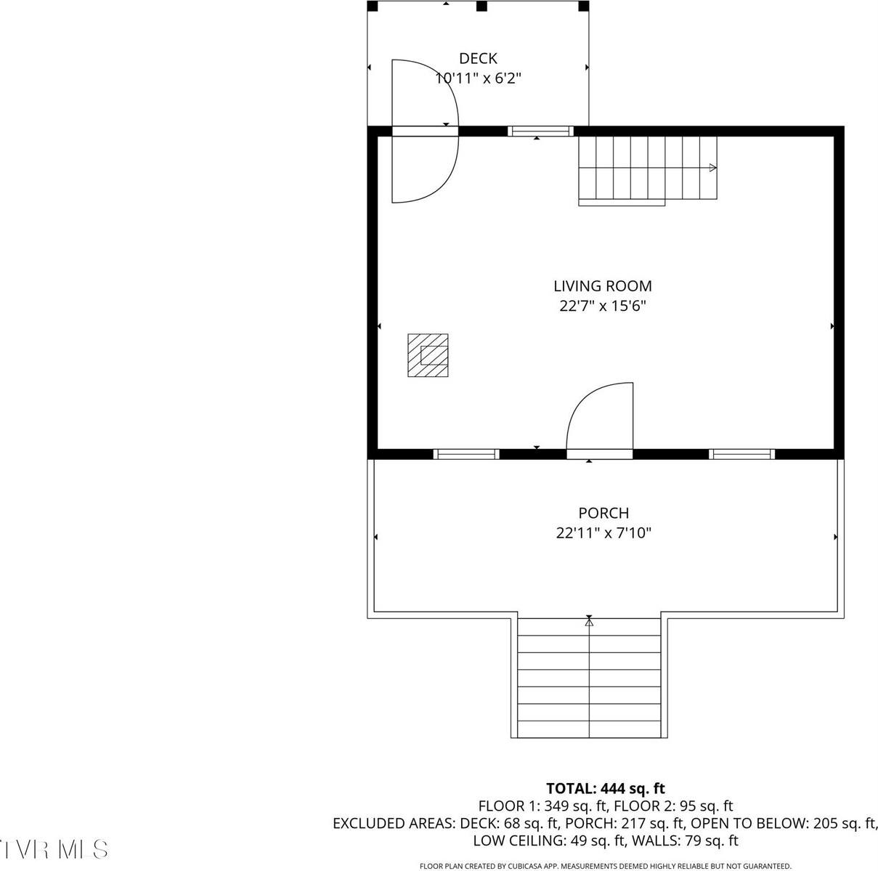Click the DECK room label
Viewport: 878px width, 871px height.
point(478,58)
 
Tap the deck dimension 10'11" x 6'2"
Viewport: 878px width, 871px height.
point(478,78)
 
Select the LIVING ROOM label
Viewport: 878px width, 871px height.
point(603,286)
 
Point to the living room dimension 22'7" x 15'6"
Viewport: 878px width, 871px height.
point(603,306)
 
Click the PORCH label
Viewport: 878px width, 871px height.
point(603,513)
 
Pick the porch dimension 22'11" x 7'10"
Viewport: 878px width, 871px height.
point(603,533)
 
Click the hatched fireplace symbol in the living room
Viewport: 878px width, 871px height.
point(428,355)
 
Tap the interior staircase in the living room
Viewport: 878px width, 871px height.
point(646,169)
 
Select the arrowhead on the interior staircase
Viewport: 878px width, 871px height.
point(713,168)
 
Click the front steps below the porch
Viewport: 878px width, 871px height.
point(589,677)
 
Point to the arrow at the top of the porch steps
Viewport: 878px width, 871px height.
point(589,622)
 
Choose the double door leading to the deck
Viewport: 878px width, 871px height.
point(425,131)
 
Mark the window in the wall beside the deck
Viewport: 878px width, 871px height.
point(540,131)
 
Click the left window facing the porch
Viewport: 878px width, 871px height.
point(466,454)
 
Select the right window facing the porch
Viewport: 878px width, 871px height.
point(741,454)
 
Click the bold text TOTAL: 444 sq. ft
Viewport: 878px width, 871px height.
point(605,788)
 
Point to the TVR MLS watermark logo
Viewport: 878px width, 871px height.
point(54,848)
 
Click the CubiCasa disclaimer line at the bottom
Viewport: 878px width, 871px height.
point(605,866)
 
